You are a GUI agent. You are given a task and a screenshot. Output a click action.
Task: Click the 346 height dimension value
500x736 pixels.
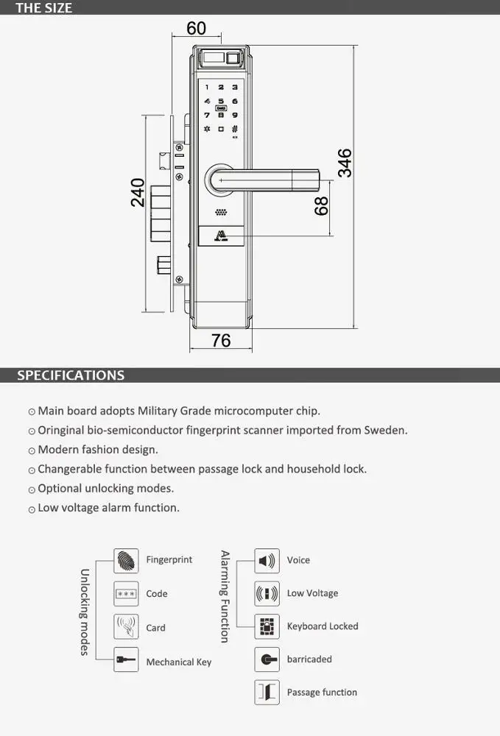coord(345,163)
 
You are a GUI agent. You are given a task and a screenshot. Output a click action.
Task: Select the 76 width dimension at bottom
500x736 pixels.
coord(221,340)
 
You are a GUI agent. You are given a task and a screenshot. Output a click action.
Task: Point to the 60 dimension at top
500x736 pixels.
coord(197,28)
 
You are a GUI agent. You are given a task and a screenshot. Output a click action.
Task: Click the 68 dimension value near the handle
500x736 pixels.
coord(322,205)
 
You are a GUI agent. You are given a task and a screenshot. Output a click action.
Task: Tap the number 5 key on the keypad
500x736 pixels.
coord(221,101)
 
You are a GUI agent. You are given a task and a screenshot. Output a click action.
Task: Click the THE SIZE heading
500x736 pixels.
coord(44,8)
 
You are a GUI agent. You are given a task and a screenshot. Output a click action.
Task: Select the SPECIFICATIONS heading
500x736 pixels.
coord(71,375)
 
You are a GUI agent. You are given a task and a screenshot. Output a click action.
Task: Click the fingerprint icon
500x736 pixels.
coord(127,560)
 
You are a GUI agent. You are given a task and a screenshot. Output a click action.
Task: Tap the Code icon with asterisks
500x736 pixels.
coord(127,593)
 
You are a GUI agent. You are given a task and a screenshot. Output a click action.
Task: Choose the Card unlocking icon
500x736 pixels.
coord(127,627)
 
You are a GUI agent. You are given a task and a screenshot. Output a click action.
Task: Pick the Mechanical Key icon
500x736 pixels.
coord(127,660)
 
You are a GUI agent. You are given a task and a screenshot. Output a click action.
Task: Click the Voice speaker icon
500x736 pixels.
coord(267,560)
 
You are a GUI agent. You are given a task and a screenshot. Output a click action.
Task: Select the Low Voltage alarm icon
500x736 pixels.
coord(267,593)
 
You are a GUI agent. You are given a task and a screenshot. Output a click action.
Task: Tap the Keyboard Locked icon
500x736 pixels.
coord(267,626)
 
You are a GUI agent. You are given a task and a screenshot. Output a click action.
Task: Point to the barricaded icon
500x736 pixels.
coord(267,659)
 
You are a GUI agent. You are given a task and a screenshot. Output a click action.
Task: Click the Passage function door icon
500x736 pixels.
coord(267,692)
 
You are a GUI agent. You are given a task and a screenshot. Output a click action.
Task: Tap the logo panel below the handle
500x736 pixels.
coord(221,236)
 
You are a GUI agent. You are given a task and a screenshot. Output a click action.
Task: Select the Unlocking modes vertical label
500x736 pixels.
coord(85,612)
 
